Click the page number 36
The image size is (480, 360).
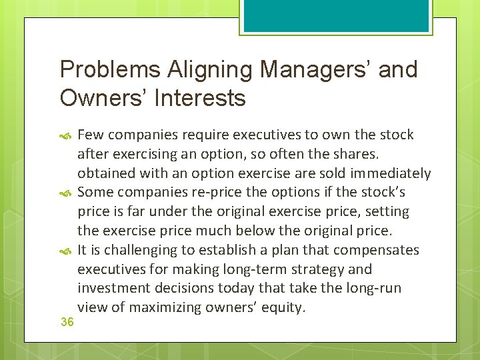(67, 322)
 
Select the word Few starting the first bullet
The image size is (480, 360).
(90, 135)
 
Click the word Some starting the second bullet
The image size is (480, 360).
(95, 193)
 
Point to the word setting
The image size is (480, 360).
(387, 212)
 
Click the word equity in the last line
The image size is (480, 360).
(285, 308)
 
